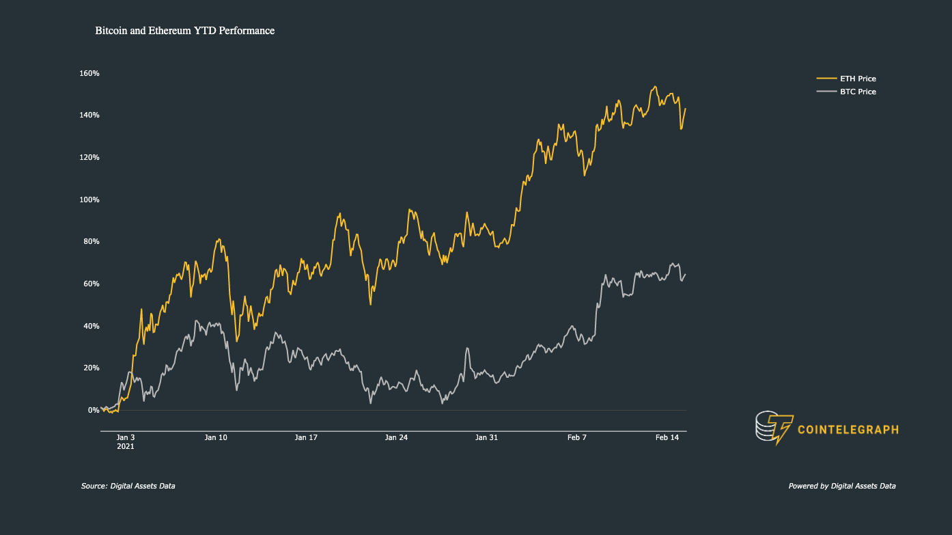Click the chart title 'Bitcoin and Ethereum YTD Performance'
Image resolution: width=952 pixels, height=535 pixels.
pyautogui.click(x=185, y=31)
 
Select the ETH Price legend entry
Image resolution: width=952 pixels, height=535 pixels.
pyautogui.click(x=846, y=79)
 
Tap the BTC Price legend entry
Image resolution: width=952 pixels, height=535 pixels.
pyautogui.click(x=846, y=92)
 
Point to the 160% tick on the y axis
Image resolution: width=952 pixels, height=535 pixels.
pyautogui.click(x=89, y=74)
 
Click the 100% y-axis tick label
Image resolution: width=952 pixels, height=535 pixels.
pyautogui.click(x=89, y=200)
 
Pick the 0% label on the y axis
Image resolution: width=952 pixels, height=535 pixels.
pyautogui.click(x=94, y=411)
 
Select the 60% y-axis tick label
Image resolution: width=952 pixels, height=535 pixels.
pyautogui.click(x=92, y=284)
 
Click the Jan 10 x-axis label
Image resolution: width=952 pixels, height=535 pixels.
pyautogui.click(x=216, y=437)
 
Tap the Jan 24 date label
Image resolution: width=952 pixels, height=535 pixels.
pyautogui.click(x=396, y=437)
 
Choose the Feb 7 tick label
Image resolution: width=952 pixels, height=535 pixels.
pyautogui.click(x=576, y=437)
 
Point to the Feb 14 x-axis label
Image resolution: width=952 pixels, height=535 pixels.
pyautogui.click(x=667, y=437)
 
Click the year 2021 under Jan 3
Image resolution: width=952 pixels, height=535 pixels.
pyautogui.click(x=126, y=447)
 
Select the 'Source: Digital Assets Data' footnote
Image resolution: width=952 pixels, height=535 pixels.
pyautogui.click(x=128, y=486)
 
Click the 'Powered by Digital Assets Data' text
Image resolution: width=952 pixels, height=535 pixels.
pyautogui.click(x=842, y=486)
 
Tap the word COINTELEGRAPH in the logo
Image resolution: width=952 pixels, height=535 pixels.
pyautogui.click(x=848, y=430)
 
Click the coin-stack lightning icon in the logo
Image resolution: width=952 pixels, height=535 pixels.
pyautogui.click(x=774, y=428)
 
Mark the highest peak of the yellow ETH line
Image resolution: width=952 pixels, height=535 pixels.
pyautogui.click(x=655, y=87)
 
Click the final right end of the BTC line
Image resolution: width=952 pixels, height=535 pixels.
pyautogui.click(x=685, y=275)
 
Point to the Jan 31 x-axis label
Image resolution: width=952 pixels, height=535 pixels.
pyautogui.click(x=486, y=437)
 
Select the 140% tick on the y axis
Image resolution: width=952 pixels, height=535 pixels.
pyautogui.click(x=89, y=115)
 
